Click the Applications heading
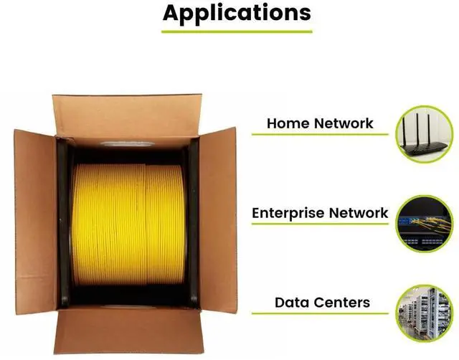click(x=237, y=12)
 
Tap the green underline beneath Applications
click(x=237, y=31)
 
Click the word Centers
click(x=345, y=303)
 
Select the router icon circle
click(x=425, y=135)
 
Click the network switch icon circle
click(x=425, y=224)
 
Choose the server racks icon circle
click(x=425, y=313)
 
